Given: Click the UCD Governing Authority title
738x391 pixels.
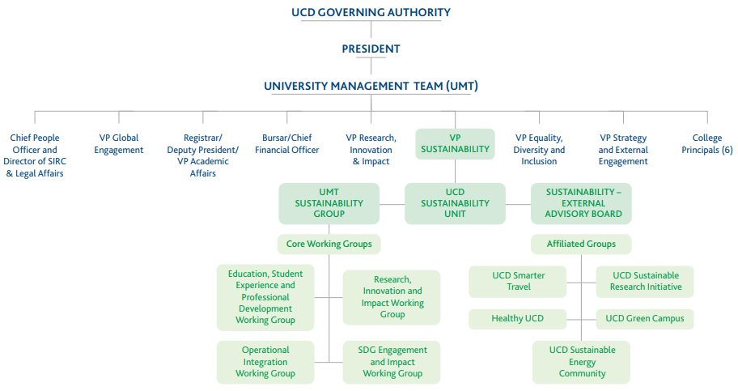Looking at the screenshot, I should (x=371, y=12).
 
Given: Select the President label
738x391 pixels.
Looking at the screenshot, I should (x=371, y=49).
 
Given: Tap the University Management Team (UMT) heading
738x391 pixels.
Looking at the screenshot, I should (x=371, y=85).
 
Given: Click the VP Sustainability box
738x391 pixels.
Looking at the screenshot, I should (x=455, y=143).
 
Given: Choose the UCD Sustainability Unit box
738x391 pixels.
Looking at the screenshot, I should (x=455, y=203).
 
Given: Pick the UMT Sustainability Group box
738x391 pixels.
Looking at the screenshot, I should (x=329, y=203).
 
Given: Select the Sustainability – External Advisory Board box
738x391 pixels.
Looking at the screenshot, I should (x=581, y=203).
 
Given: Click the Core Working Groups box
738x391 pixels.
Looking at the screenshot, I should (x=329, y=244).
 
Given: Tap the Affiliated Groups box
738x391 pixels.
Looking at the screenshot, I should (x=581, y=244).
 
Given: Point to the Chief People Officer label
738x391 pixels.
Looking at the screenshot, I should (x=34, y=155).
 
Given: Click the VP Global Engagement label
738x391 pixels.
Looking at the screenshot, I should (x=119, y=144).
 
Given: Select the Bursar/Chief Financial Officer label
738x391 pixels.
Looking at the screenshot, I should (x=286, y=144).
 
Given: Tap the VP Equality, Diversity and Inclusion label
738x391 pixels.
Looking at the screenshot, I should (x=539, y=150).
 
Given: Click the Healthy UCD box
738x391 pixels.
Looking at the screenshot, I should (x=518, y=319).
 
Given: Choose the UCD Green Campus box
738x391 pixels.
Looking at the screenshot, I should (x=645, y=319).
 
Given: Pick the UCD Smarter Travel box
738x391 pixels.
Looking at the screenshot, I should (x=518, y=281).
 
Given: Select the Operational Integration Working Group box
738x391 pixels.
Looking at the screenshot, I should (x=265, y=362).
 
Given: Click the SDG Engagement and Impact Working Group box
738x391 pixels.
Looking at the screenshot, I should (x=392, y=362).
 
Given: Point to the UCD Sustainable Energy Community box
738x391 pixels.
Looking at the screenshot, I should (x=582, y=362).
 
